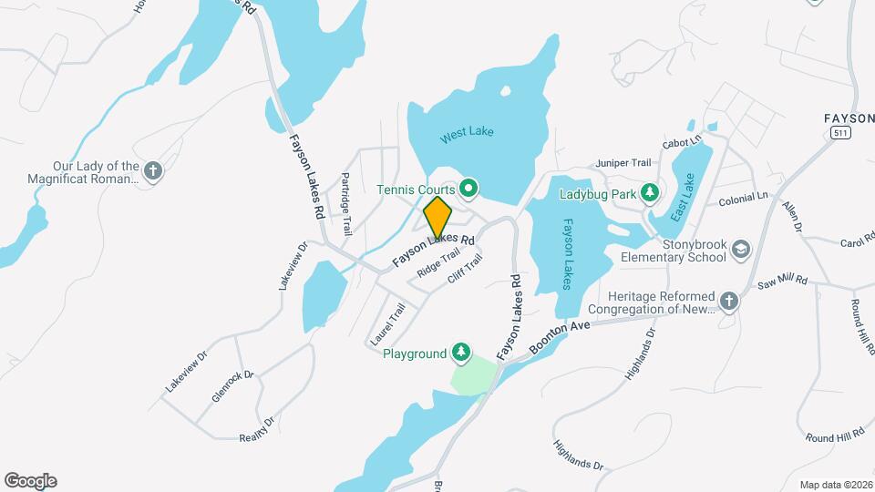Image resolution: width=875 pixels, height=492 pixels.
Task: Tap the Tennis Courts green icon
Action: click(469, 190)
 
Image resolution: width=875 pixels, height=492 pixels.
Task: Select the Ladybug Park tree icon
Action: click(649, 191)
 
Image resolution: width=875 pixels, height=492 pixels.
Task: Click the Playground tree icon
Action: click(462, 353)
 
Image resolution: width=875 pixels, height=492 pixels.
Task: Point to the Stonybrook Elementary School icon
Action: click(742, 249)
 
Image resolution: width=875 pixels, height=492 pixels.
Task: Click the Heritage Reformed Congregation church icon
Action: click(728, 300)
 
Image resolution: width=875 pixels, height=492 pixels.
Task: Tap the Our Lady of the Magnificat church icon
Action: click(153, 170)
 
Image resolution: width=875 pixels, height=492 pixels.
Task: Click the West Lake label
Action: click(467, 133)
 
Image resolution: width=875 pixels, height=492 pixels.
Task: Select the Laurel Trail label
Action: click(386, 325)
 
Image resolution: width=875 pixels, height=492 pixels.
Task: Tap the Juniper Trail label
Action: click(624, 162)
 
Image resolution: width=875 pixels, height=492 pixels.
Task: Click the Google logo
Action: click(30, 481)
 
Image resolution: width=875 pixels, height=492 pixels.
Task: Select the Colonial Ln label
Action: click(744, 198)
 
